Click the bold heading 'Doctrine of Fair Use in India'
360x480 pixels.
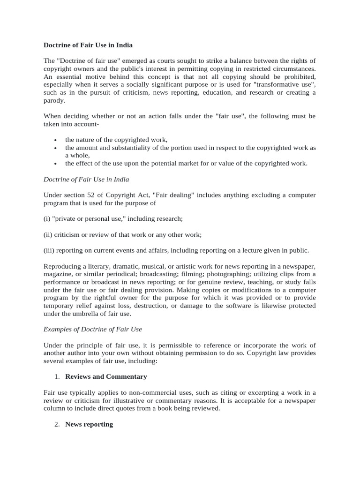(88, 45)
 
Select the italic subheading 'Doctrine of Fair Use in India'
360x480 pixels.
(86, 179)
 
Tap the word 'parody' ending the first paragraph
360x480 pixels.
(54, 101)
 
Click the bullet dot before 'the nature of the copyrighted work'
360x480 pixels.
(55, 140)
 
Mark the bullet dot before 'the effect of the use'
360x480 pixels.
(55, 164)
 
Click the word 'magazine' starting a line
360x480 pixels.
(59, 274)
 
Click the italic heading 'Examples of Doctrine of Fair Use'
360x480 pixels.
(92, 330)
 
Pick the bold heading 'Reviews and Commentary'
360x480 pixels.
(106, 376)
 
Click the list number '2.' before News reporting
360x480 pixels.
(58, 424)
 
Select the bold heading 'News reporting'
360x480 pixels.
(89, 424)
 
